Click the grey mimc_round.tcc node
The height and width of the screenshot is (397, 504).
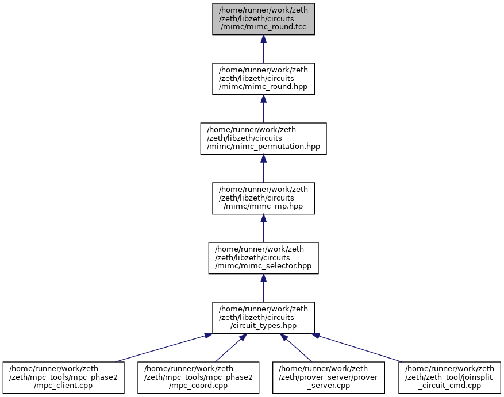(263, 19)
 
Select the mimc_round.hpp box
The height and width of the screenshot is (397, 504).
(263, 79)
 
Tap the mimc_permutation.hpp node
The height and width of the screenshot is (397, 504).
(263, 138)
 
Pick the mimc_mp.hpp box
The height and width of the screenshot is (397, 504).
(263, 198)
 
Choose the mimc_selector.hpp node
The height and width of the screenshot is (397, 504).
(263, 258)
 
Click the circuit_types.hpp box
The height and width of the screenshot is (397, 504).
(263, 318)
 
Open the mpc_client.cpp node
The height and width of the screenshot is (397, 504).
(64, 377)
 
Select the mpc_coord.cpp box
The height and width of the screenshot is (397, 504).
(198, 377)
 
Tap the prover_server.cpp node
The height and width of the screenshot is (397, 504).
(329, 377)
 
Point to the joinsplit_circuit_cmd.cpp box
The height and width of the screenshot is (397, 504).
(449, 377)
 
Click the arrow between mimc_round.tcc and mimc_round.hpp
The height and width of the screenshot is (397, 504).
(263, 49)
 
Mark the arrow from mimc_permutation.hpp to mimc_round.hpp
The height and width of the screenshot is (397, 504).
(263, 109)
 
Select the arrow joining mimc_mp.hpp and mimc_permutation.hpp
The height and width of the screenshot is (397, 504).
(263, 168)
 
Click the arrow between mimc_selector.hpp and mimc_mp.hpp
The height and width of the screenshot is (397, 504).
(263, 228)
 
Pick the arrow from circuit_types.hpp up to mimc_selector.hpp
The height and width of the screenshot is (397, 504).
(263, 288)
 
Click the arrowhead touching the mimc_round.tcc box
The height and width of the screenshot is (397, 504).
(263, 39)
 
